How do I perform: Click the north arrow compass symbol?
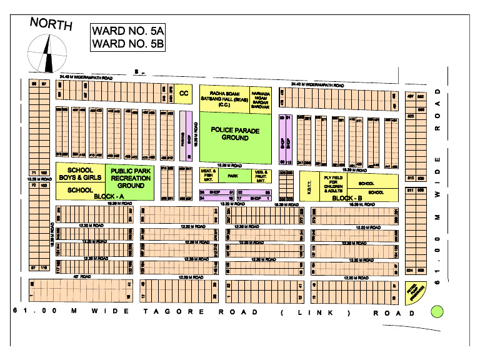(46, 54)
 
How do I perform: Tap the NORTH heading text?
(51, 25)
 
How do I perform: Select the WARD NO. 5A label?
(127, 31)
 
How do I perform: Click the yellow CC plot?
(184, 93)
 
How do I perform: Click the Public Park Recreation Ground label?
(131, 177)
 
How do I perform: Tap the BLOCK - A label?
(110, 197)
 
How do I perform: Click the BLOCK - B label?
(342, 198)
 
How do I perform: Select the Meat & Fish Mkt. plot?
(208, 176)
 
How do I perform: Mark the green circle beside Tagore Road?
(437, 311)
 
